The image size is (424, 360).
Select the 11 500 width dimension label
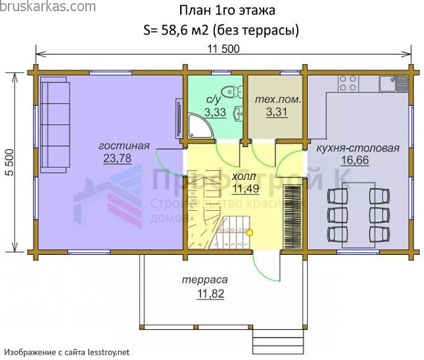click(224, 49)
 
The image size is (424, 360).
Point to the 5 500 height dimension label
click(9, 160)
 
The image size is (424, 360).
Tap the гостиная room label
click(124, 146)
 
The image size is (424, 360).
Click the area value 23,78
click(116, 158)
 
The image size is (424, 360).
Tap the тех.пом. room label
click(277, 100)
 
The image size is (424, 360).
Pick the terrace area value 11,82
click(210, 293)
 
